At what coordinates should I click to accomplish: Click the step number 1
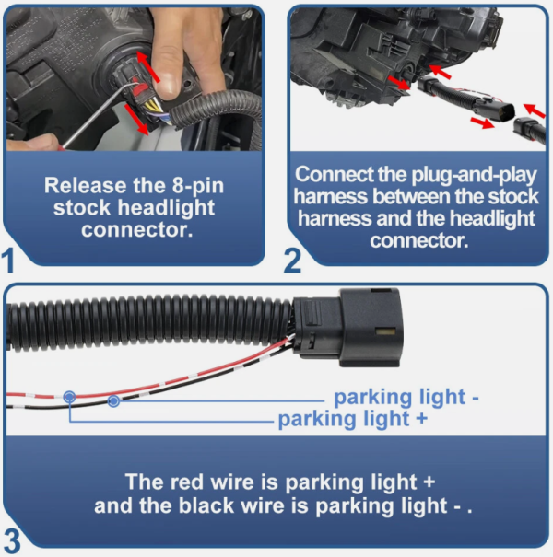point(8,261)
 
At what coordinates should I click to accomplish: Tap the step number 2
point(292,261)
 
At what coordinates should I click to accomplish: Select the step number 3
point(12,540)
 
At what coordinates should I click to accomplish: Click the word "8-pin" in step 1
point(198,185)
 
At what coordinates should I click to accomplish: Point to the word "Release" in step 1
point(86,185)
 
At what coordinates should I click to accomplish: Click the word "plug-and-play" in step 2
point(474,175)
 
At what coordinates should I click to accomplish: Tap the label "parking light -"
point(406,397)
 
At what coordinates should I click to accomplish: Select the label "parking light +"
point(352,419)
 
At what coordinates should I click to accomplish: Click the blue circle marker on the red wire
point(69,397)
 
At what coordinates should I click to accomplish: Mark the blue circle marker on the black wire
point(113,401)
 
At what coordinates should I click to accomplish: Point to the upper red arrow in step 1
point(147,66)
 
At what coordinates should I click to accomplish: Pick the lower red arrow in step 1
point(137,120)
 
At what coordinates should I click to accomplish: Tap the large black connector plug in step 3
point(347,328)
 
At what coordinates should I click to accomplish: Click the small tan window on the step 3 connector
point(385,332)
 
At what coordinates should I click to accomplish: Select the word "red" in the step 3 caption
point(187,482)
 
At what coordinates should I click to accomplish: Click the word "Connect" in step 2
point(334,174)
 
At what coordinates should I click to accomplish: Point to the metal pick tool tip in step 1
point(137,84)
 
